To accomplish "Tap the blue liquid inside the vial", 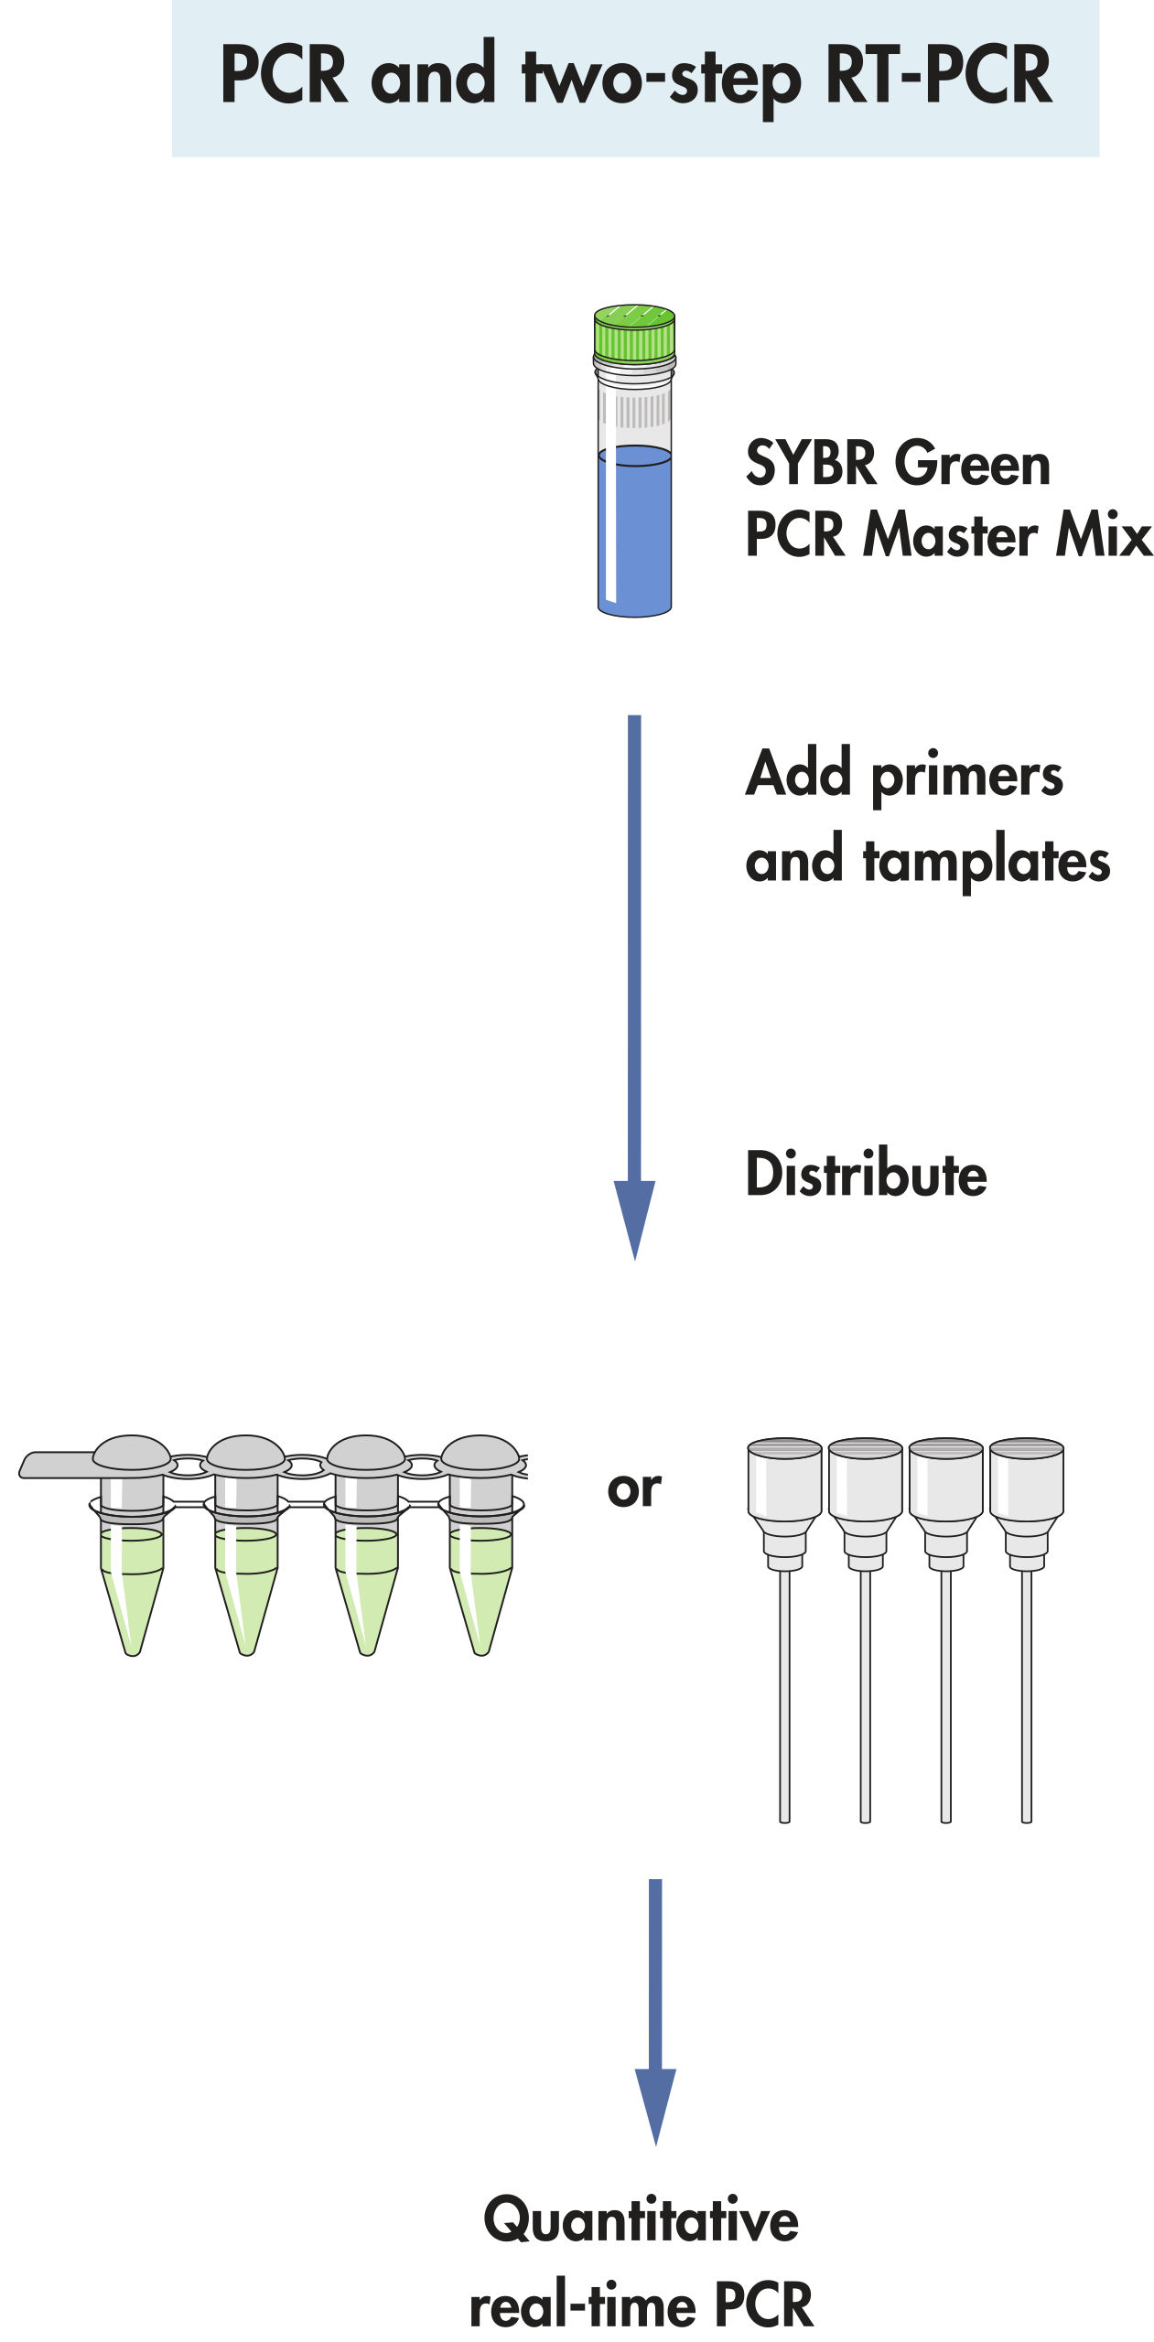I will [x=635, y=531].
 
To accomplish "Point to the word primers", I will [x=966, y=777].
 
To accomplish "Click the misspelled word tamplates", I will [x=987, y=862].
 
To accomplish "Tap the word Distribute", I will [x=866, y=1174].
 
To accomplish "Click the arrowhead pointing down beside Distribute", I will [x=634, y=1217].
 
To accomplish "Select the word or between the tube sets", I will [x=633, y=1489].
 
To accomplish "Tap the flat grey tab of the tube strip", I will [x=55, y=1464].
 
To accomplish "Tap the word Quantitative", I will [x=641, y=2221].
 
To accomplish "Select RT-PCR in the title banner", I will [x=937, y=75].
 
